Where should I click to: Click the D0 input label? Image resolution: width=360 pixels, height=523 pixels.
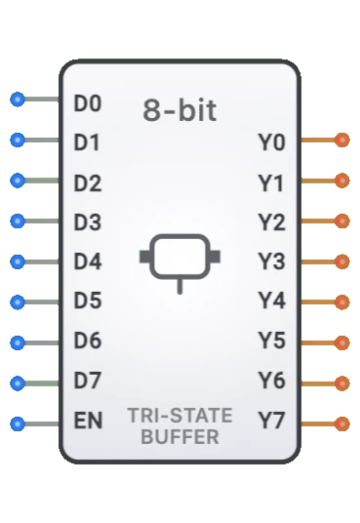pos(88,101)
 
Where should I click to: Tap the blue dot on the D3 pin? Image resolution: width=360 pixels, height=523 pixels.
pos(17,221)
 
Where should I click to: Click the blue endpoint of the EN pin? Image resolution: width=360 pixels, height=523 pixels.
pos(17,423)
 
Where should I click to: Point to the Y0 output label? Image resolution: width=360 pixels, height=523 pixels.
pos(271,142)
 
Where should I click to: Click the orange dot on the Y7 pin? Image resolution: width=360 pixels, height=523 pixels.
pos(341,423)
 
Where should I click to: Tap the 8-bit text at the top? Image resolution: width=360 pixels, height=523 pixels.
pos(180,110)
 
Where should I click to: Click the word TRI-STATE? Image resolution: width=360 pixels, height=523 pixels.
pos(180,416)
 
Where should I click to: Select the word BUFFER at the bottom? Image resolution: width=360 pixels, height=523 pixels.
pos(180,437)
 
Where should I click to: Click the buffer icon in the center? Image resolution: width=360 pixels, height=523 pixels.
pos(180,258)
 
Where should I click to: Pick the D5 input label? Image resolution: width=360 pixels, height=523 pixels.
pos(88,302)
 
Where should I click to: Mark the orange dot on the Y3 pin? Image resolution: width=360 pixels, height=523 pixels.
pos(341,262)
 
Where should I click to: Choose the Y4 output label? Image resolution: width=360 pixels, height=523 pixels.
pos(271,302)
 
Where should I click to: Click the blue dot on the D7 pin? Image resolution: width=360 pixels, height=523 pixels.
pos(17,382)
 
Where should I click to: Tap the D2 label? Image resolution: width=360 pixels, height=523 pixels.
pos(88,182)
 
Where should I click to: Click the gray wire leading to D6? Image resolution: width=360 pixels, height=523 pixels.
pos(41,342)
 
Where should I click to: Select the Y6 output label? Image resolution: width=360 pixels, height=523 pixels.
pos(271,382)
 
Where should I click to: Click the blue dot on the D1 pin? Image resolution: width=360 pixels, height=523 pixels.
pos(17,141)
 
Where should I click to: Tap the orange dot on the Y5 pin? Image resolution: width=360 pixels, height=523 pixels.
pos(341,342)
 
